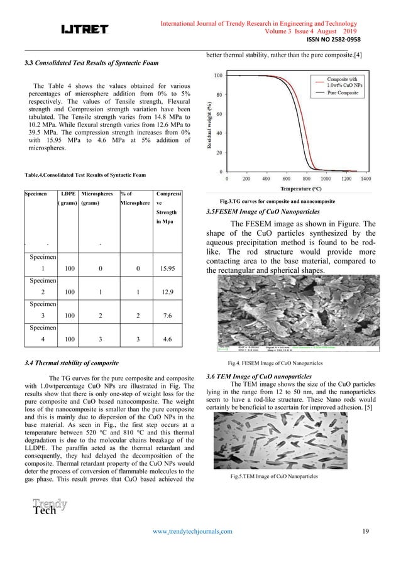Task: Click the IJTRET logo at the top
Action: [84, 29]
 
